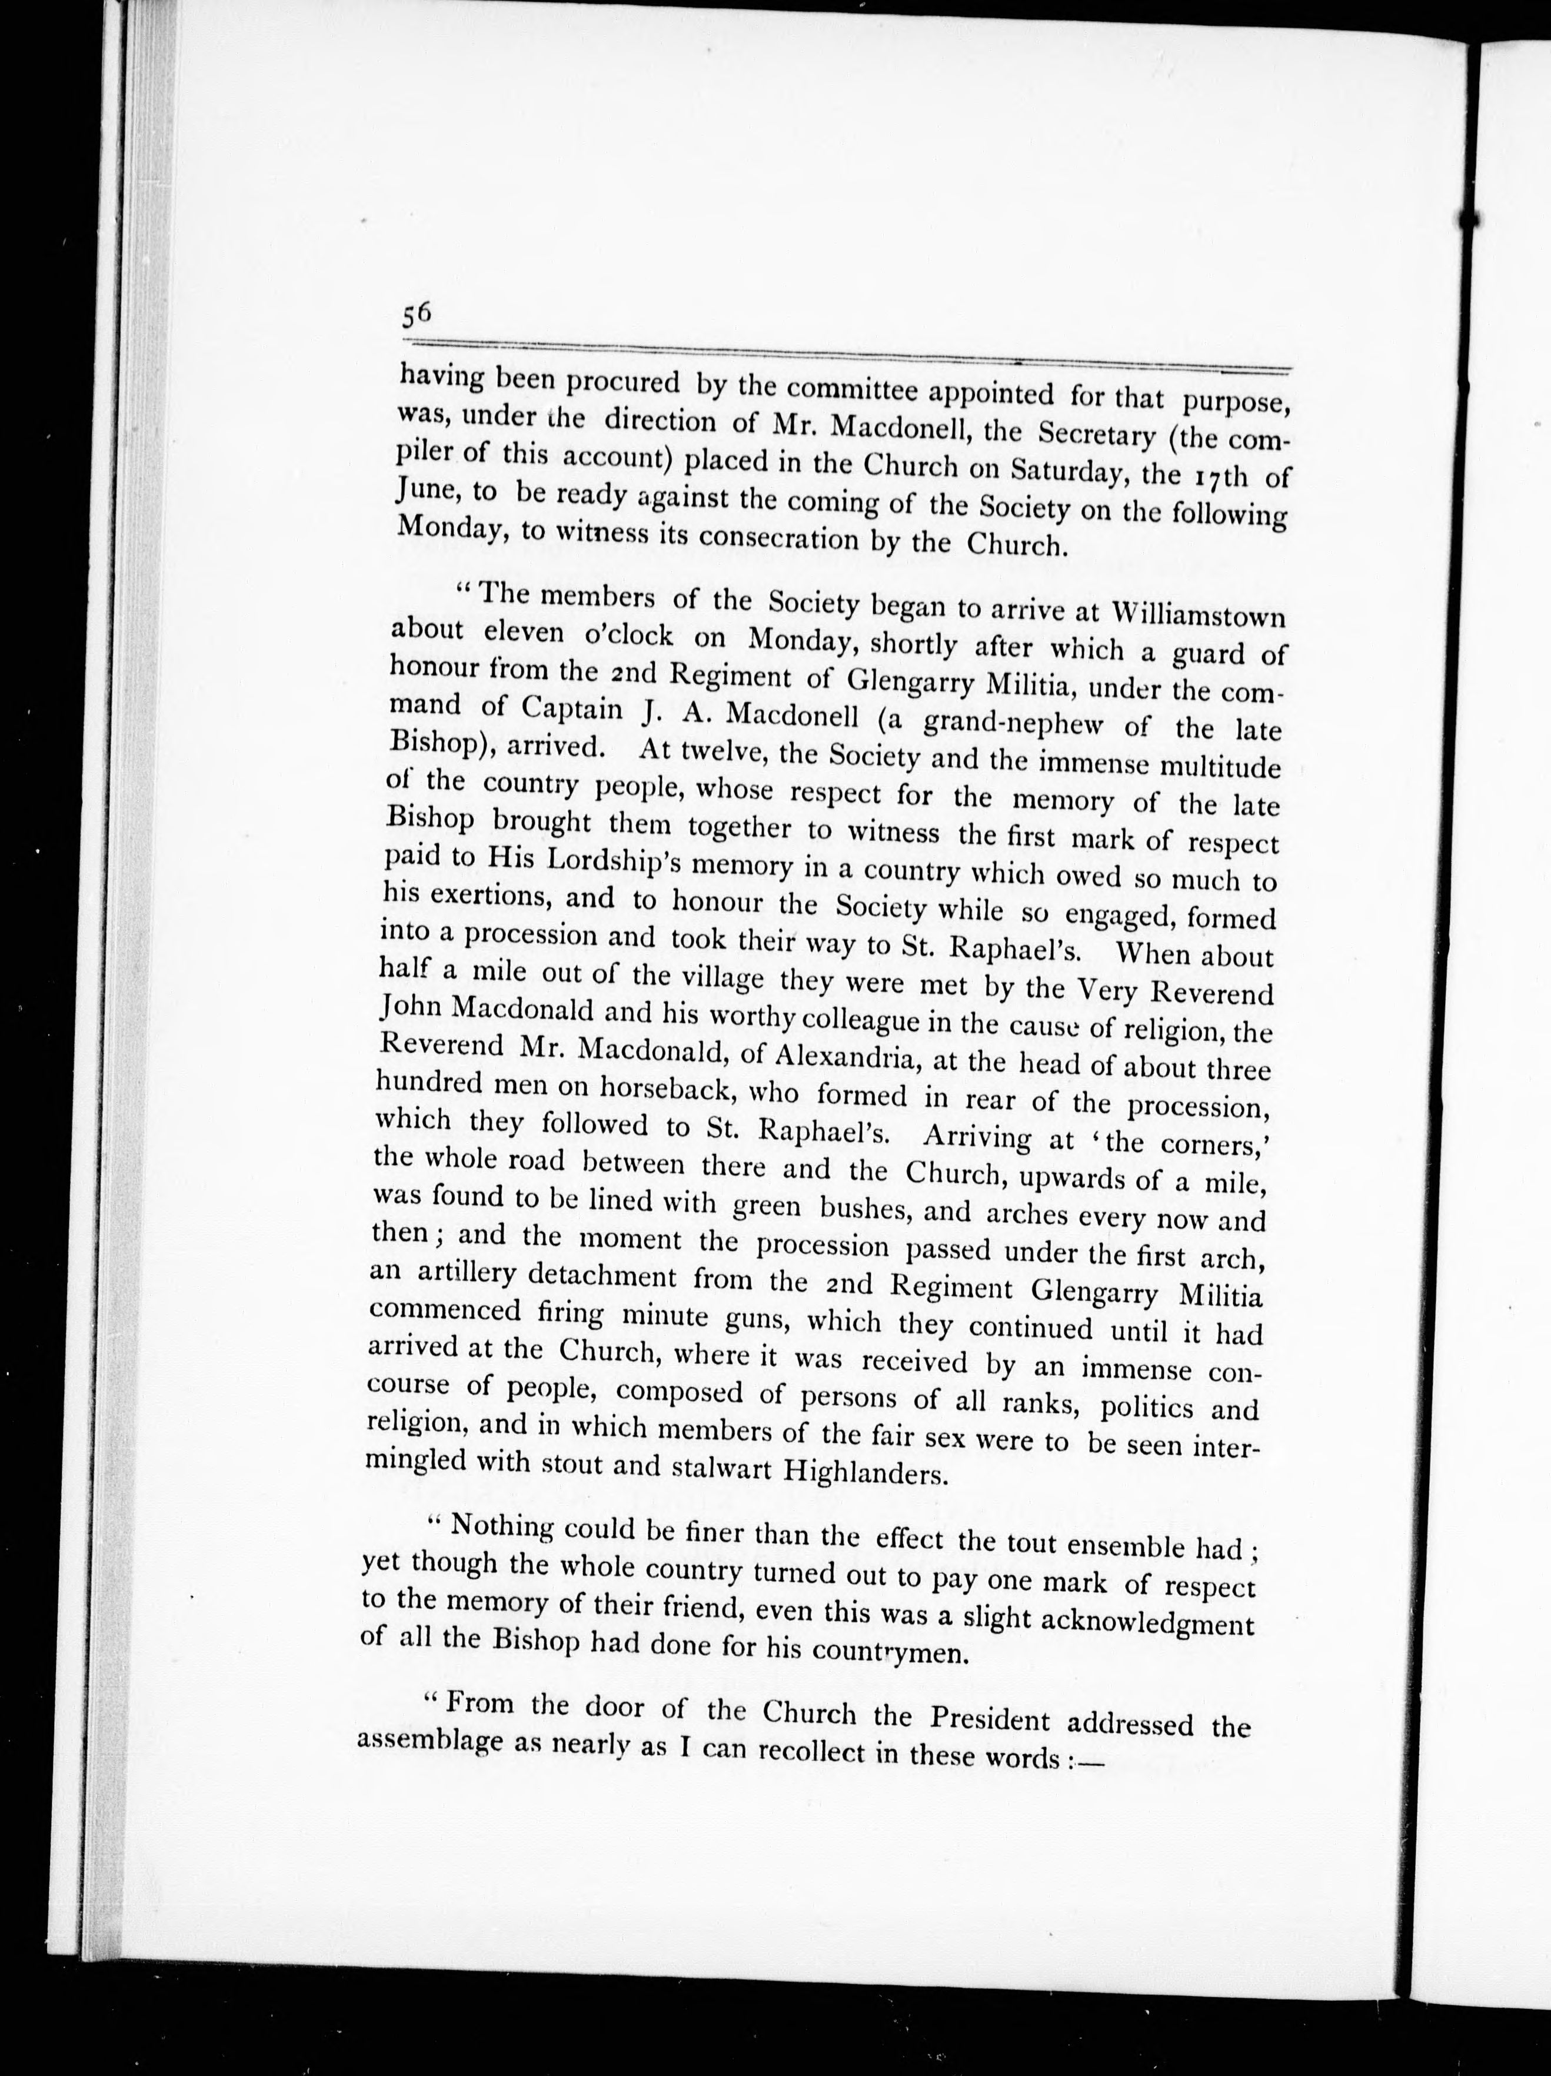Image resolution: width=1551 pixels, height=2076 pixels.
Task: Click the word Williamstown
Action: (x=1197, y=616)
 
